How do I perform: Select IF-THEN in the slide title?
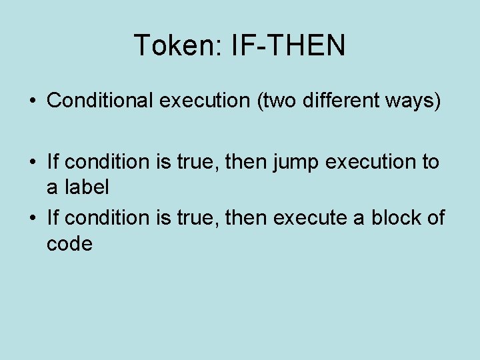click(x=288, y=45)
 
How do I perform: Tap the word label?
click(x=87, y=187)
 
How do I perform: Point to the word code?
click(x=69, y=243)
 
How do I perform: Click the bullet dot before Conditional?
click(x=33, y=101)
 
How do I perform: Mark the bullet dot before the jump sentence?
click(x=33, y=162)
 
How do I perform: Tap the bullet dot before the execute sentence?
click(x=33, y=218)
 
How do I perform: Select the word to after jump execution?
click(x=429, y=161)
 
